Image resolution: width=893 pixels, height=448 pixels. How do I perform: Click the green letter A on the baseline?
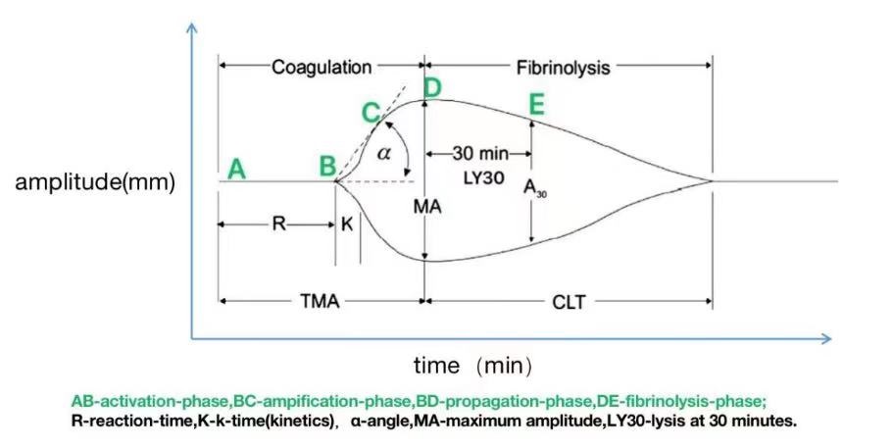pyautogui.click(x=236, y=169)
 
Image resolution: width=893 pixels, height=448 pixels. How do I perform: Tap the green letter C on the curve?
pyautogui.click(x=371, y=113)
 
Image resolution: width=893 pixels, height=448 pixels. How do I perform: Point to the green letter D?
pyautogui.click(x=432, y=87)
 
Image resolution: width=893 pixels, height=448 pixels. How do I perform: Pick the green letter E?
pyautogui.click(x=535, y=104)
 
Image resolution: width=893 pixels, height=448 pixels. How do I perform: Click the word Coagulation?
pyautogui.click(x=322, y=68)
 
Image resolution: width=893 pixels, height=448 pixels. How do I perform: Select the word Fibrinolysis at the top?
pyautogui.click(x=563, y=68)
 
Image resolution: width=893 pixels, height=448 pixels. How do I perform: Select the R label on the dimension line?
pyautogui.click(x=278, y=224)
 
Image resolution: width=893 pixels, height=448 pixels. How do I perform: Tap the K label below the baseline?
pyautogui.click(x=347, y=224)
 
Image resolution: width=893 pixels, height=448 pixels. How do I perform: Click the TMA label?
pyautogui.click(x=320, y=302)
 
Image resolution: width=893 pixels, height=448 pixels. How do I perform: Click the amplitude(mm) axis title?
pyautogui.click(x=95, y=182)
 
